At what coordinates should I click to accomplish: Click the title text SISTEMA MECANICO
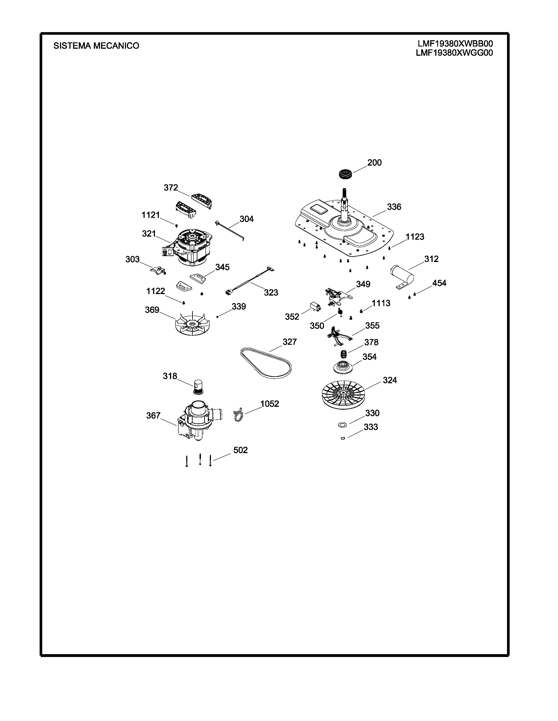click(x=96, y=46)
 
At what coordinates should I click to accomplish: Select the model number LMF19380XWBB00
click(x=455, y=44)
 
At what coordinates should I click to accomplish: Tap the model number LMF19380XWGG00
click(x=454, y=53)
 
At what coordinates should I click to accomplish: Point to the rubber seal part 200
click(x=346, y=173)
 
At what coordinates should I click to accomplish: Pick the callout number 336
click(x=394, y=207)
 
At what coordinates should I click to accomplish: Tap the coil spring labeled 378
click(x=344, y=355)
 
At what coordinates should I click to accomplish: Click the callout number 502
click(x=240, y=450)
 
